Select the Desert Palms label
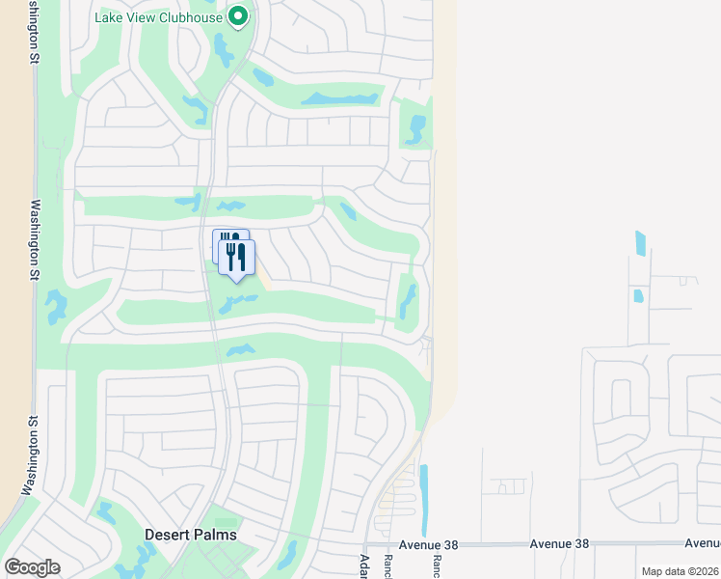[x=190, y=535]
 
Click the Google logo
[x=32, y=567]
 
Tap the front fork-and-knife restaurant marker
[x=237, y=258]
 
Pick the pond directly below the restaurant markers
[x=237, y=303]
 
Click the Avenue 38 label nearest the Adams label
[x=426, y=544]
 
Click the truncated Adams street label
[x=364, y=565]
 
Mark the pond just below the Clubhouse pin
[x=225, y=47]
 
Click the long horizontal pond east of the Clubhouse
[x=339, y=99]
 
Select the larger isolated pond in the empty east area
[x=641, y=243]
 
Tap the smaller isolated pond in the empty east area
[x=637, y=295]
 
